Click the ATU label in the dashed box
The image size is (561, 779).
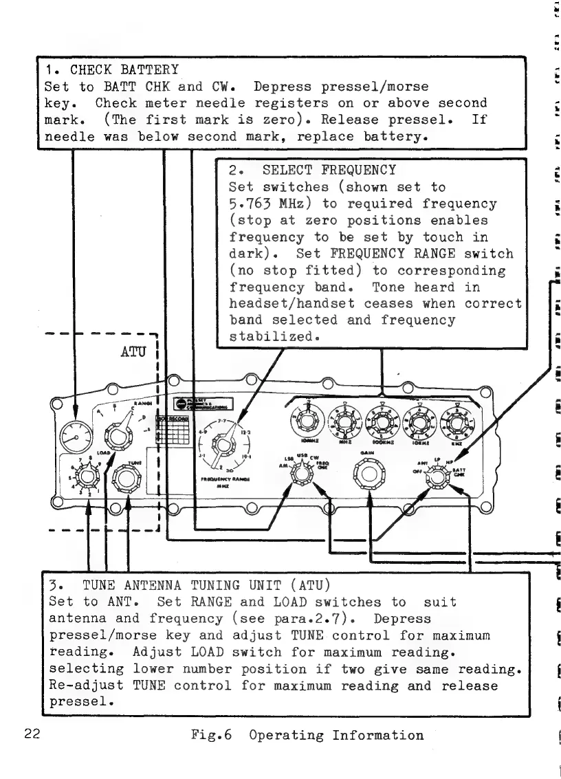click(137, 356)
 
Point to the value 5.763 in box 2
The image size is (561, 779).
click(251, 204)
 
